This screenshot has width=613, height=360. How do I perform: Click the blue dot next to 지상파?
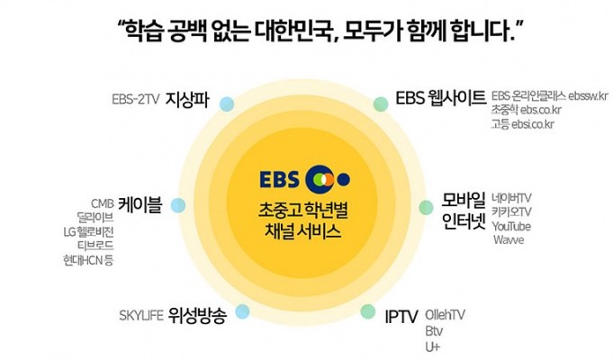(x=227, y=104)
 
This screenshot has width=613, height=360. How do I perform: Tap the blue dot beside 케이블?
(x=178, y=205)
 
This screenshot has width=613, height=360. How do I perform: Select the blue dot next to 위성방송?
(x=242, y=311)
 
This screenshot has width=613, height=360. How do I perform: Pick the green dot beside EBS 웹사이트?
(x=381, y=104)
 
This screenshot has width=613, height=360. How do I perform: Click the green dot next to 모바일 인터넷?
(x=426, y=207)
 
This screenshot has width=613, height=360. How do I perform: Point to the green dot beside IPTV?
(x=368, y=311)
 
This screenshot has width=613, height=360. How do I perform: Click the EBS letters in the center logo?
(x=280, y=179)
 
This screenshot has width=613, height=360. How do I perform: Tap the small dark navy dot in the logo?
(x=343, y=179)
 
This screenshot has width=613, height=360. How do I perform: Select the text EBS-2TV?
(x=136, y=99)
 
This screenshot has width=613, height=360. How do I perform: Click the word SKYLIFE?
(x=141, y=315)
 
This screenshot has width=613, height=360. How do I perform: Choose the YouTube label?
(x=511, y=226)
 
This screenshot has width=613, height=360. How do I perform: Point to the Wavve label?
(x=509, y=239)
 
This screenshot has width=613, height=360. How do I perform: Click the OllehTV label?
(x=445, y=315)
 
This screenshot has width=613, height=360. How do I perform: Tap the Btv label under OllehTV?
(x=434, y=331)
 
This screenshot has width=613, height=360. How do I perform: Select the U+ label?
(x=432, y=347)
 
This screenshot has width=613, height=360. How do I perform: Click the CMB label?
(x=103, y=203)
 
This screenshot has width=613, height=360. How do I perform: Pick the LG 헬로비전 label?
(x=89, y=232)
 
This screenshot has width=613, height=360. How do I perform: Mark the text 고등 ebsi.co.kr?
(x=523, y=124)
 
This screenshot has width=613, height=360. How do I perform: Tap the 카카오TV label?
(x=512, y=211)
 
